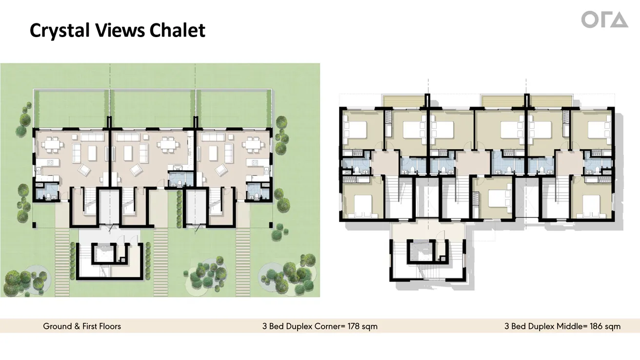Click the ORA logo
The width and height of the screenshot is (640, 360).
pos(604,20)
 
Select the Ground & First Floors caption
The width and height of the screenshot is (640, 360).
pos(82,326)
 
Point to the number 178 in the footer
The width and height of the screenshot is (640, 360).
pos(352,326)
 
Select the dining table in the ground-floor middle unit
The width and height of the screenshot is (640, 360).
pos(169,144)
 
